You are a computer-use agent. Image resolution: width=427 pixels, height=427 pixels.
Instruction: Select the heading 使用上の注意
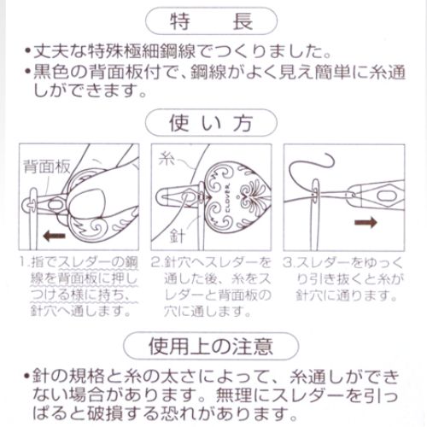click(x=213, y=347)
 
